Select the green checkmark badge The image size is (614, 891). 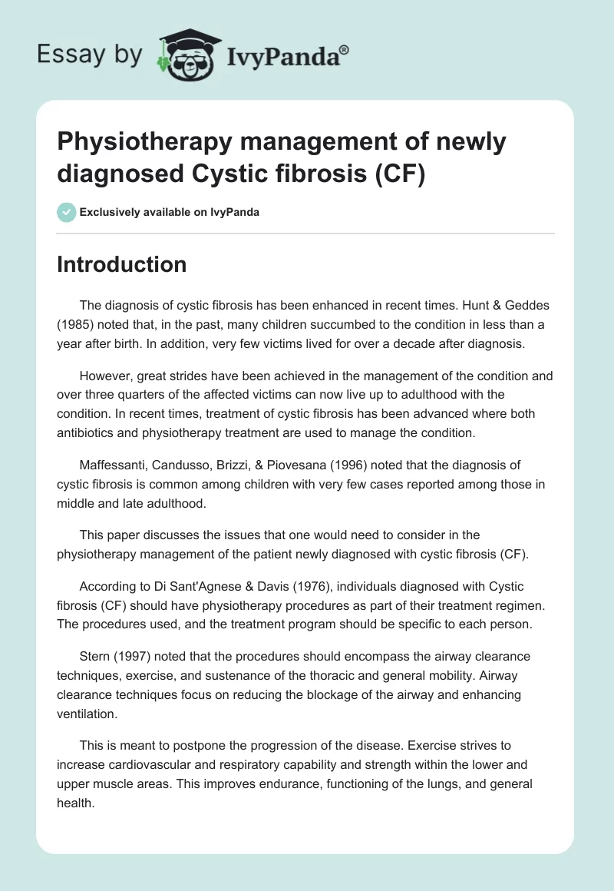66,212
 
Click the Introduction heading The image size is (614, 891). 122,264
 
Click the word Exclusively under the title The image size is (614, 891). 112,212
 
